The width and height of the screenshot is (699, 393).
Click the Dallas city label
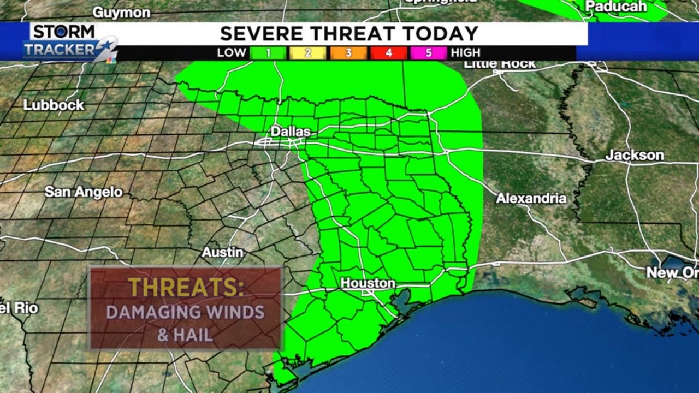coord(291,132)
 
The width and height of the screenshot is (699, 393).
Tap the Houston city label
coord(368,283)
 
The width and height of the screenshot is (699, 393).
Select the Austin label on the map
coord(222,252)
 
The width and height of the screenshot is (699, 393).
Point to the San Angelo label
coord(84,192)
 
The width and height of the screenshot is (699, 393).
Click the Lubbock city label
coord(54,105)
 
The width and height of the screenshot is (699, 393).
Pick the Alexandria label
coord(531,198)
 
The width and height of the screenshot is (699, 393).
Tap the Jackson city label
coord(634,155)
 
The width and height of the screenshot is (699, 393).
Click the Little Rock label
coord(499,64)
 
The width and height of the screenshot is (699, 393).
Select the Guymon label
coord(121,12)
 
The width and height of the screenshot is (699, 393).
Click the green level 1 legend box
coord(269,53)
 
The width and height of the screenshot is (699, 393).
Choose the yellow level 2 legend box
coord(307,53)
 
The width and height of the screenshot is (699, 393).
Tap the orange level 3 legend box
coord(348,53)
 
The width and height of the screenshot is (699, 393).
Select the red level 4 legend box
coord(388,53)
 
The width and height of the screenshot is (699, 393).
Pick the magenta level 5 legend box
coord(429,53)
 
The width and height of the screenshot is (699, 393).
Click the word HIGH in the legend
coord(465,53)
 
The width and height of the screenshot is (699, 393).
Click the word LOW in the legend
coord(232,53)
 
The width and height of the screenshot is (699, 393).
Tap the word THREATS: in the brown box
coord(186,288)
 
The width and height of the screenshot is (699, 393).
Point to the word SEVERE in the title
coord(264,34)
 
